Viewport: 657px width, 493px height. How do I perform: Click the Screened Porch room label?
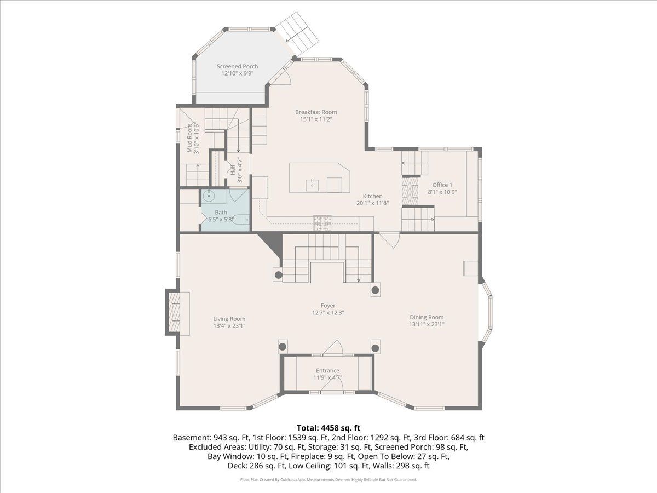click(x=237, y=66)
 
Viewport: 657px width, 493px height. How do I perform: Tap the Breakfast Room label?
click(x=316, y=112)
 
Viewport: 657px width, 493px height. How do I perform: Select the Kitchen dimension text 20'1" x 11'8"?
click(x=373, y=203)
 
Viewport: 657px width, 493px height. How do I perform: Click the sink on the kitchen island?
click(x=312, y=185)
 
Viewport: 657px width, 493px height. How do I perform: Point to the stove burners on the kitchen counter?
click(x=322, y=223)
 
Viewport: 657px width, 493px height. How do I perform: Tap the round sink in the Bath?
click(x=209, y=196)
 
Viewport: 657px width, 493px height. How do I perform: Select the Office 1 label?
click(x=442, y=185)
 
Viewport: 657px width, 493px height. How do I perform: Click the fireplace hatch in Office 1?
click(x=410, y=192)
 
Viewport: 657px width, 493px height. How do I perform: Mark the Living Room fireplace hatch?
click(x=174, y=312)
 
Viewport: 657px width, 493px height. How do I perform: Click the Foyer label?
click(x=328, y=306)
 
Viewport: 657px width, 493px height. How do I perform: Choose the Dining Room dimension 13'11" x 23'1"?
click(x=427, y=324)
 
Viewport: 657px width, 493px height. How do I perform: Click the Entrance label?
click(x=327, y=371)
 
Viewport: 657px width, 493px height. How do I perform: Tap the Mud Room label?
click(x=189, y=138)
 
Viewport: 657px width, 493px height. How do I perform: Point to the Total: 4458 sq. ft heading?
click(x=328, y=428)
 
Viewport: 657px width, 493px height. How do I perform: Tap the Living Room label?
click(x=229, y=319)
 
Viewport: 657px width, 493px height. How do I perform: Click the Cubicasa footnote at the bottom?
click(x=328, y=480)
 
